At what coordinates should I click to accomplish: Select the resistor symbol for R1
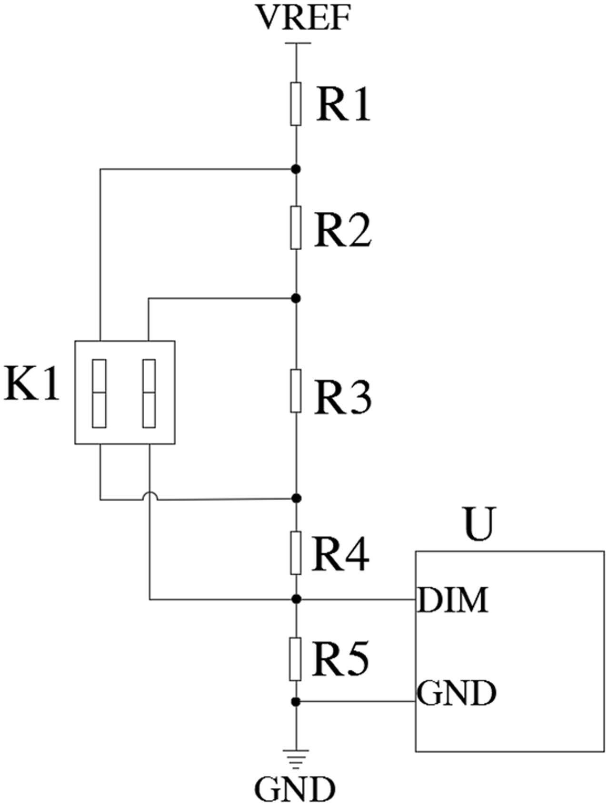pos(296,104)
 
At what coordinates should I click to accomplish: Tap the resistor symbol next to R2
pos(296,227)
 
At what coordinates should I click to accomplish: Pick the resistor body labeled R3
pos(296,390)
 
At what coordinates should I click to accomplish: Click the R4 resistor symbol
pos(296,553)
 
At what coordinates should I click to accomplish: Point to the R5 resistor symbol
pos(296,659)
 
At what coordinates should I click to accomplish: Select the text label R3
pos(342,397)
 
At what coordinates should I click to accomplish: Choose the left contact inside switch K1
pos(99,393)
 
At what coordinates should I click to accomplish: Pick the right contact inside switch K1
pos(149,393)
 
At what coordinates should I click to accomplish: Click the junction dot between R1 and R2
pos(296,169)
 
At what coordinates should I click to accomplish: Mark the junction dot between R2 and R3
pos(296,298)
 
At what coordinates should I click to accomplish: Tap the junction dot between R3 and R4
pos(296,498)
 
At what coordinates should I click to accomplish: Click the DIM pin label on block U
pos(453,600)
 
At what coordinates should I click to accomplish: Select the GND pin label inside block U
pos(457,693)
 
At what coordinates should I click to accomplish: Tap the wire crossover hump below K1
pos(150,496)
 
